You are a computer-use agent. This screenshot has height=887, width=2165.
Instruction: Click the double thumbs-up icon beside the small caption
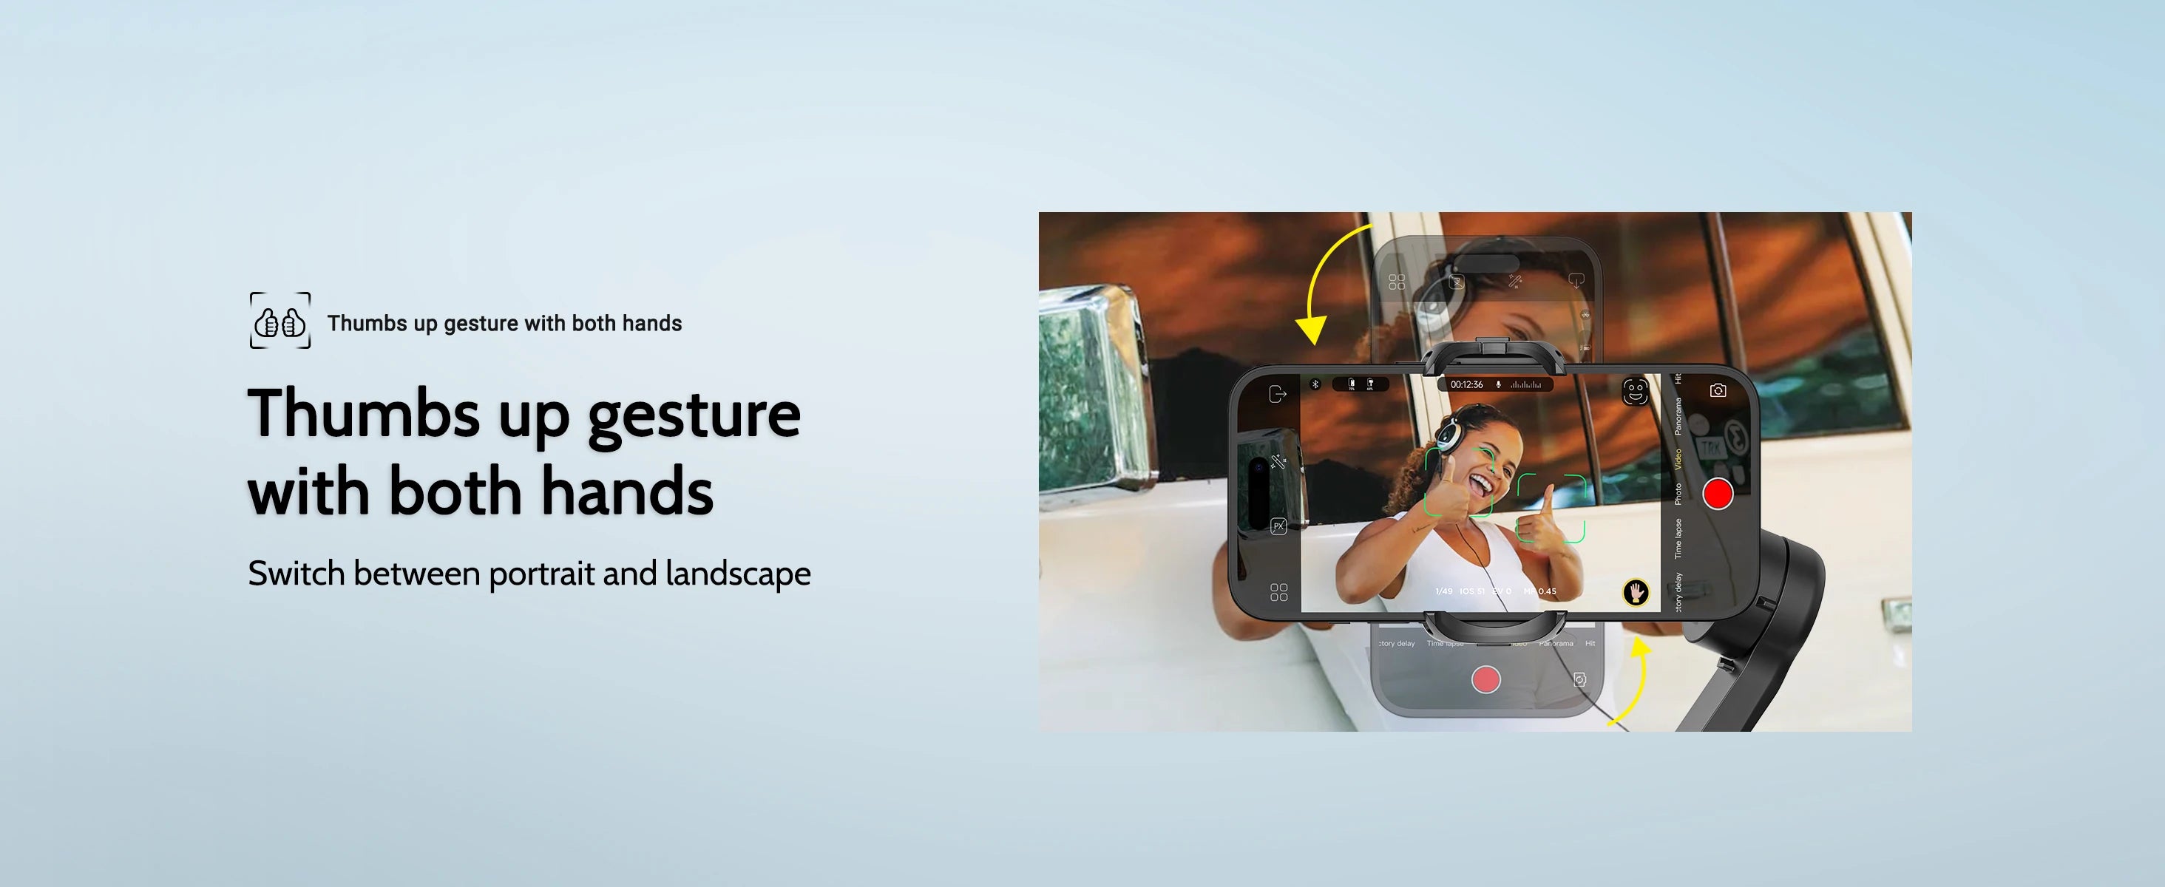(280, 321)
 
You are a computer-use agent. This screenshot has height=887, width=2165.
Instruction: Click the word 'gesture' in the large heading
(693, 414)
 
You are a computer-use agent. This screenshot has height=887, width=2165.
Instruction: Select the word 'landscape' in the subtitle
(738, 574)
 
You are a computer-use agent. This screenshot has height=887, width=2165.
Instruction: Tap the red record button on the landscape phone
(1717, 494)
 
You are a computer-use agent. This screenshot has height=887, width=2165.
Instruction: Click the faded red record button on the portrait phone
(1485, 679)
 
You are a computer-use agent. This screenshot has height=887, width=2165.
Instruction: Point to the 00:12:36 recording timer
(1466, 384)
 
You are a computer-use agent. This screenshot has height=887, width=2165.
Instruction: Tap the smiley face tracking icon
(1635, 392)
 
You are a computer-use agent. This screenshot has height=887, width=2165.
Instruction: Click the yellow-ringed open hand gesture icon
(1635, 593)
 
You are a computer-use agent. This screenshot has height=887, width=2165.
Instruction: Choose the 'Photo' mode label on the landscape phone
(1678, 494)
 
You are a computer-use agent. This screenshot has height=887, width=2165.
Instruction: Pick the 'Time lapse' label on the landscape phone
(1678, 538)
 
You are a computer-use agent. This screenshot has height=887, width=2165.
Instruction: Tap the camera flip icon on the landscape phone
(1718, 390)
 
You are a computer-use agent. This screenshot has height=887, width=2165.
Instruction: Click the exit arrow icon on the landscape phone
(1278, 394)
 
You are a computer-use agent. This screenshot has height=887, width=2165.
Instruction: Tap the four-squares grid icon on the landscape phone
(1278, 592)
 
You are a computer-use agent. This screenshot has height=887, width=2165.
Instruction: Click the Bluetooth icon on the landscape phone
(1316, 384)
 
